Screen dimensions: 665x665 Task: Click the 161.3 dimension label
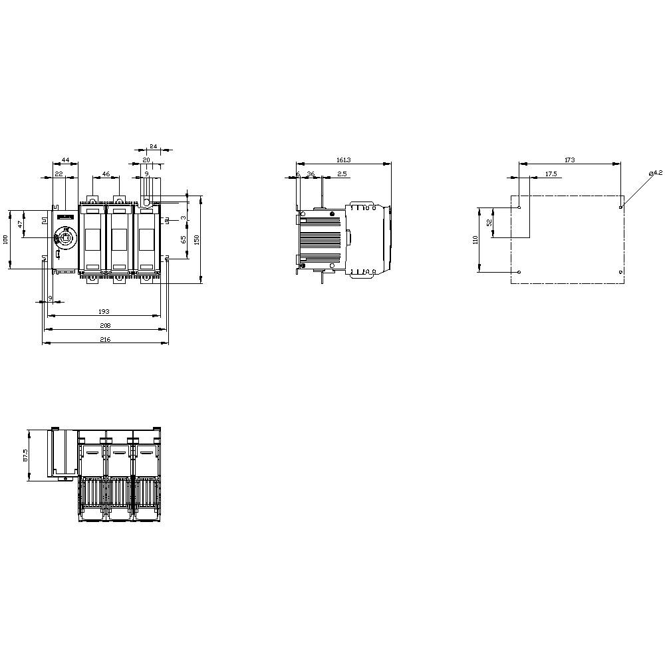point(343,160)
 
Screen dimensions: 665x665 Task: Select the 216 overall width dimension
point(105,339)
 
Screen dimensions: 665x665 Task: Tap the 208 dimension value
point(105,325)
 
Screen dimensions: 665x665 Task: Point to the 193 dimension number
point(104,311)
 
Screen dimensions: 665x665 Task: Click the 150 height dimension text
point(197,239)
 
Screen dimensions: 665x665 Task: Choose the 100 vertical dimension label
point(6,239)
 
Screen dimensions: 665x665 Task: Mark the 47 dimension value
point(20,225)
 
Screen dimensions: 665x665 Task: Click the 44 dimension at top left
point(65,160)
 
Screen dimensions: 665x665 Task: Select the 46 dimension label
point(106,174)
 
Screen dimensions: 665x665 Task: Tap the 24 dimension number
point(152,146)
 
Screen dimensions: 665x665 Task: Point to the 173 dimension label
point(569,160)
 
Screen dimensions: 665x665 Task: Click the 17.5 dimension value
point(551,174)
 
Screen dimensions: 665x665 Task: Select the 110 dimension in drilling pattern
point(475,239)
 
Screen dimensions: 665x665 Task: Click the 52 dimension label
point(489,223)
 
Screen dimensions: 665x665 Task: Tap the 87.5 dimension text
point(25,456)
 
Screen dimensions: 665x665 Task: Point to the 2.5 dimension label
point(341,174)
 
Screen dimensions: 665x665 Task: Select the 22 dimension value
point(59,174)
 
